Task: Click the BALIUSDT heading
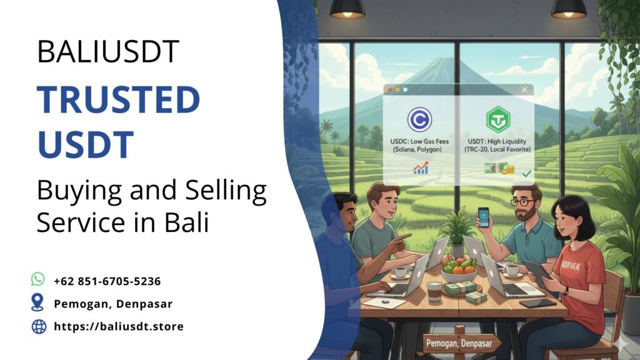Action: click(x=108, y=52)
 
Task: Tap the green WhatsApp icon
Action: click(x=38, y=279)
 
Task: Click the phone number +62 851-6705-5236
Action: click(x=107, y=281)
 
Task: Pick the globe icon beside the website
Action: click(x=39, y=326)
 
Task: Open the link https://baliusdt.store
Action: click(x=119, y=326)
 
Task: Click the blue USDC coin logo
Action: click(x=419, y=119)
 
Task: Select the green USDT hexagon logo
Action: click(x=498, y=119)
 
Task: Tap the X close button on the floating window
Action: click(x=524, y=90)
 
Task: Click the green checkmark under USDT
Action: click(x=526, y=172)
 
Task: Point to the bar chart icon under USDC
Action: click(x=421, y=167)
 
